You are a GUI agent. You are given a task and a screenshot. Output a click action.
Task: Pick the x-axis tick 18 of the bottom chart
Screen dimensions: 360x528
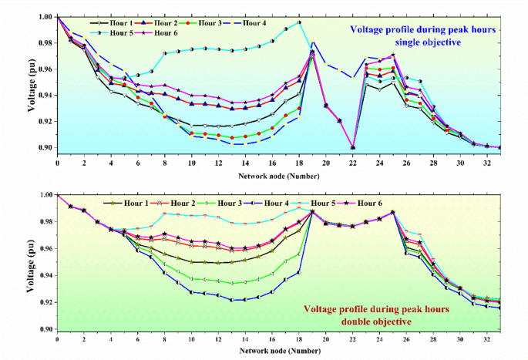point(298,338)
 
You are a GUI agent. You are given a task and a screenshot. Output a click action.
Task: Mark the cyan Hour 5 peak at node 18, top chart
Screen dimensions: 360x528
point(299,22)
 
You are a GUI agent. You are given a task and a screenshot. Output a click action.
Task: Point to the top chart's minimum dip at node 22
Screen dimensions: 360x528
point(352,146)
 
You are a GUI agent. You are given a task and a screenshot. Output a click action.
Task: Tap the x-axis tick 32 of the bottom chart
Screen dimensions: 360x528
point(486,338)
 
